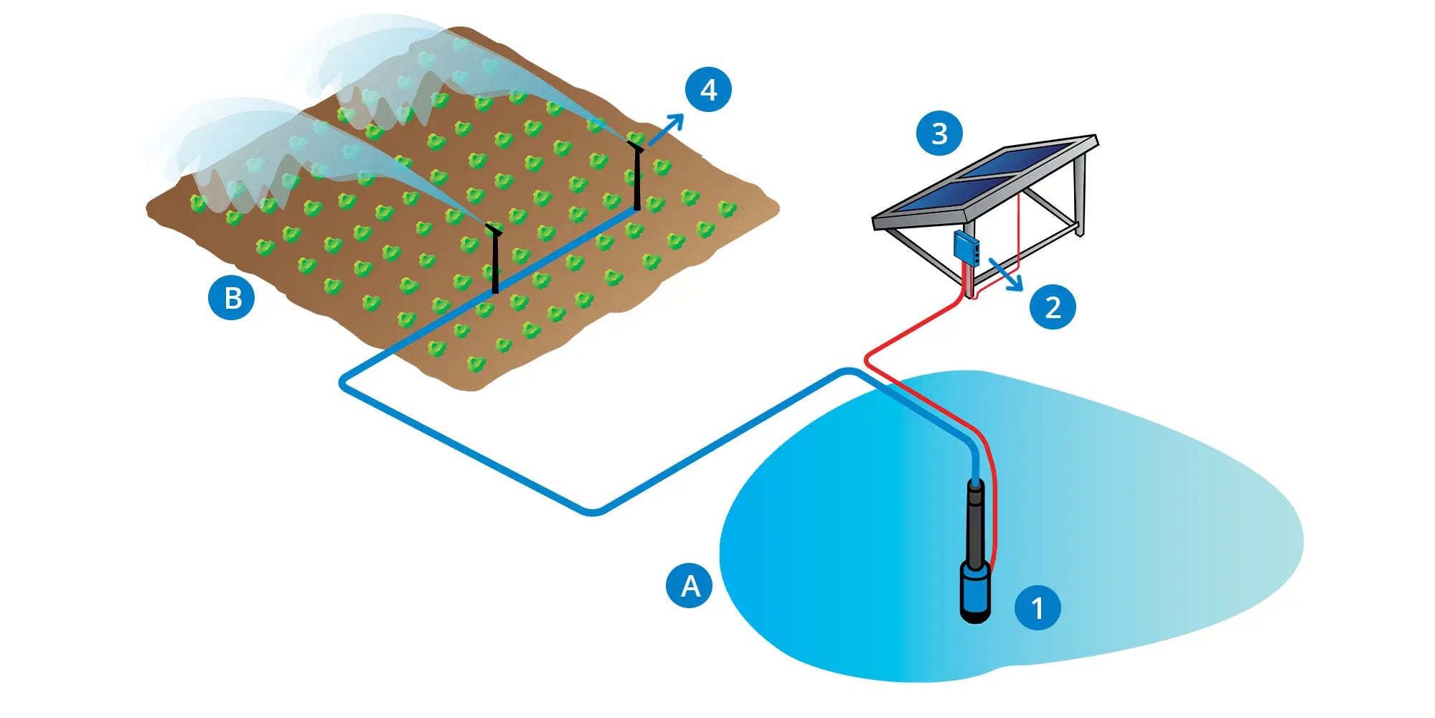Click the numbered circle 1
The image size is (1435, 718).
(x=1037, y=607)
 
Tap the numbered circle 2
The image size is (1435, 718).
(x=1052, y=307)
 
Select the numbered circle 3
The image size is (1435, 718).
(x=939, y=133)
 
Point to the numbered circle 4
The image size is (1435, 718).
(x=708, y=90)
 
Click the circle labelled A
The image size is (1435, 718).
(x=690, y=585)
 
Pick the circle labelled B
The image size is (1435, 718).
(x=232, y=297)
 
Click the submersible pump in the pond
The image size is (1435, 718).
(x=976, y=553)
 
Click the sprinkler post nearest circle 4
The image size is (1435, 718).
(x=636, y=176)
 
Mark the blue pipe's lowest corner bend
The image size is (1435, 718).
(x=593, y=512)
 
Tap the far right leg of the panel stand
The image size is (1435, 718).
(x=1080, y=194)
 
